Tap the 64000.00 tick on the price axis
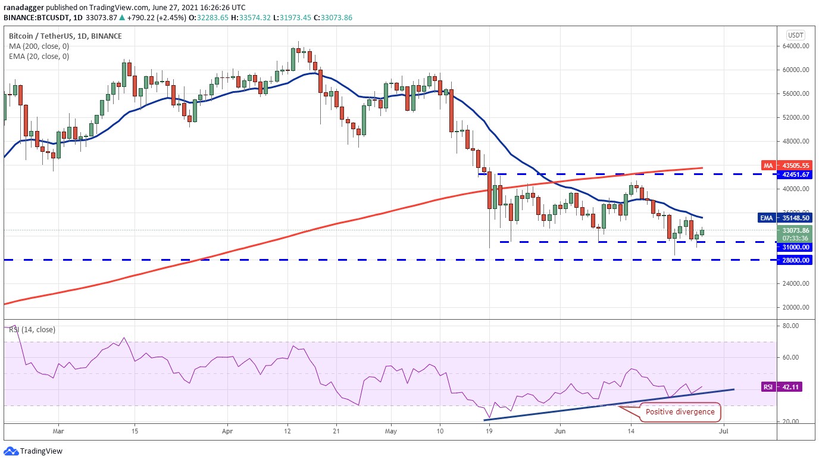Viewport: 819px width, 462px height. (795, 46)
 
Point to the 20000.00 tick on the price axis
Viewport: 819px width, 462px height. (795, 308)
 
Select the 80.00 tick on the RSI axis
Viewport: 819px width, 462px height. (789, 326)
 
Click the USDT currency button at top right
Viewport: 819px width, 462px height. (795, 35)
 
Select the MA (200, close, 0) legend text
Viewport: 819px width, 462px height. (39, 46)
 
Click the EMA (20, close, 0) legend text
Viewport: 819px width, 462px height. (39, 57)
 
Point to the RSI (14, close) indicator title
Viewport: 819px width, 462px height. (33, 329)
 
